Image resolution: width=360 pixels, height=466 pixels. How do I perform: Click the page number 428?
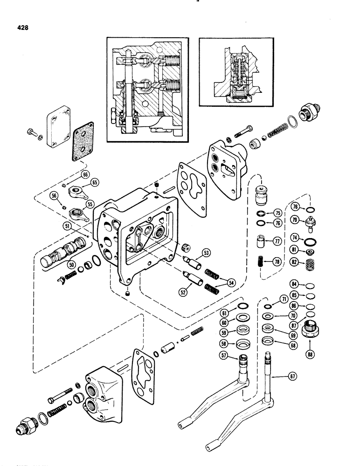point(22,27)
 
